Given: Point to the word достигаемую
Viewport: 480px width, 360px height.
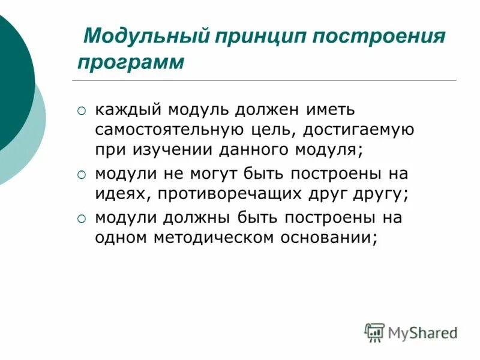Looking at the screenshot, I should (x=357, y=130).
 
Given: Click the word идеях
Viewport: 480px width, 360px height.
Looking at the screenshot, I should (x=116, y=194).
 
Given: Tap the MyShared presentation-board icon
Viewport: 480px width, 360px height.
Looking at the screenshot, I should (x=375, y=332).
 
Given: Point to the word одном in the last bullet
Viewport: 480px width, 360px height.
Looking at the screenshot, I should (x=117, y=237).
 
